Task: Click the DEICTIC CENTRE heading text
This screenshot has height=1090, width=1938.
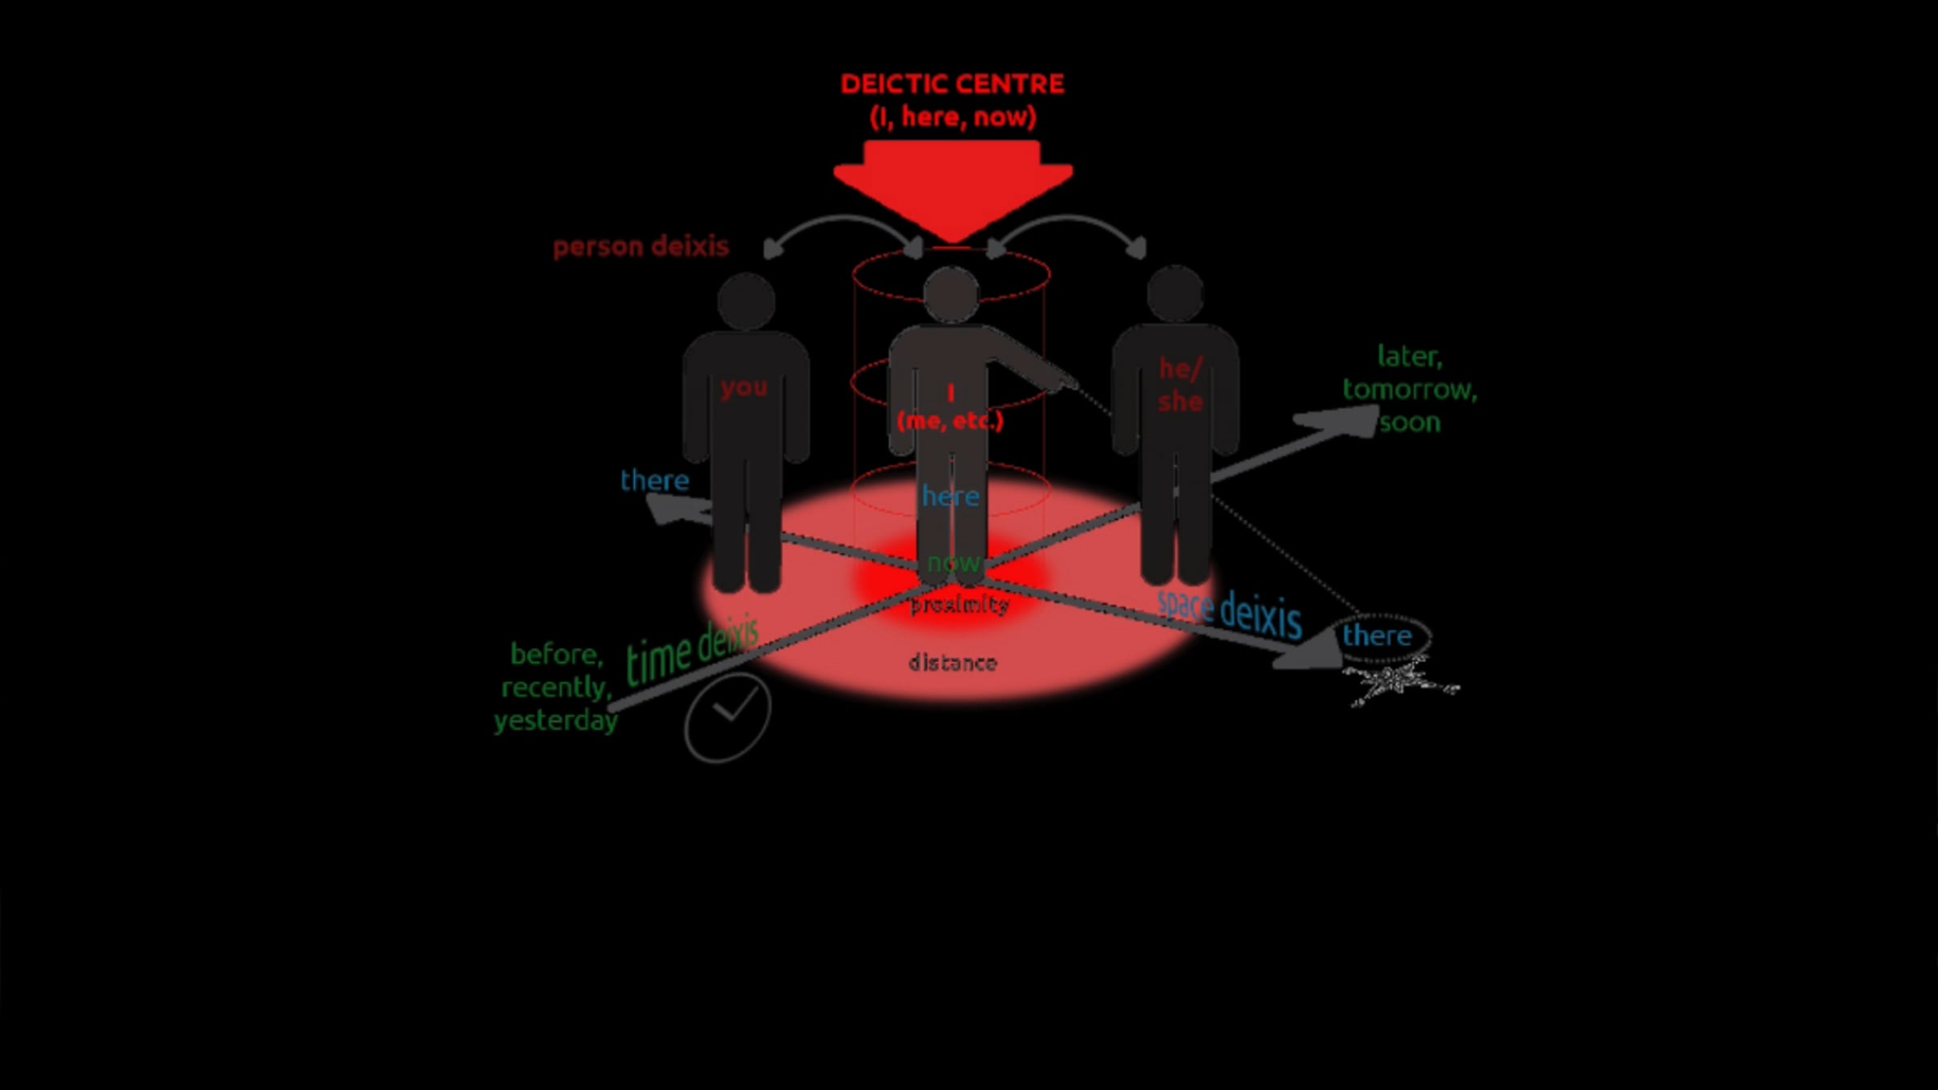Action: point(952,84)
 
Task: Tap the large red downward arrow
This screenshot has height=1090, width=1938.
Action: point(952,186)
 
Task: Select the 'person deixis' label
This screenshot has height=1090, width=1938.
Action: point(640,246)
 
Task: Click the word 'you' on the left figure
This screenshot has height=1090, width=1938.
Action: point(744,388)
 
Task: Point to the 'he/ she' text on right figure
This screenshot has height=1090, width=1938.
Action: point(1180,385)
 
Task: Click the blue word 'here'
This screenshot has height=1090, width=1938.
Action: point(950,497)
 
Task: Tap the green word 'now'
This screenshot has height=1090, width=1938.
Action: point(953,563)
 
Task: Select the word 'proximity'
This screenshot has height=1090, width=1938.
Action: point(959,605)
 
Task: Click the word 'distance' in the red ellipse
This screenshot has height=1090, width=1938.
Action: point(953,663)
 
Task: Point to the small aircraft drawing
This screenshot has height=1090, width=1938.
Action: point(1401,683)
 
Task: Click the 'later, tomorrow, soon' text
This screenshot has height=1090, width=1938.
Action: point(1409,389)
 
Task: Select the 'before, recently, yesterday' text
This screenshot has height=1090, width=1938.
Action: point(556,687)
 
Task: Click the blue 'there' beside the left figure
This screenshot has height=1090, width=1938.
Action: point(654,481)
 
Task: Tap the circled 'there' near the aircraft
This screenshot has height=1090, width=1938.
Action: point(1378,636)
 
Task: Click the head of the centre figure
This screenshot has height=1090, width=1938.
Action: point(951,294)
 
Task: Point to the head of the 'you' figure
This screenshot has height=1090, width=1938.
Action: point(746,300)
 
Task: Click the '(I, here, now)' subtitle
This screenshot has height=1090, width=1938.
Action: point(953,118)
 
